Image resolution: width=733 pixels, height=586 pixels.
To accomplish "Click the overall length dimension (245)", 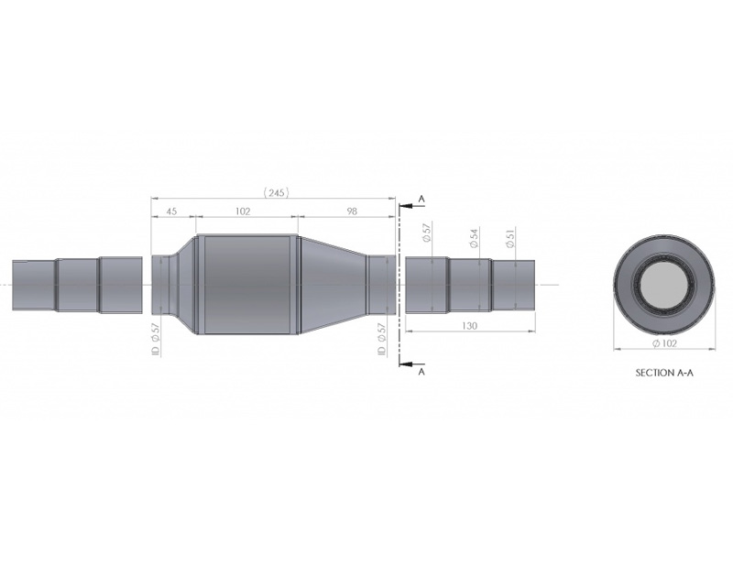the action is (x=277, y=192).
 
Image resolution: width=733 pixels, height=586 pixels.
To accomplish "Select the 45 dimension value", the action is (x=171, y=212).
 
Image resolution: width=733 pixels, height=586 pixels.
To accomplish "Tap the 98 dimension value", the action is (x=352, y=212).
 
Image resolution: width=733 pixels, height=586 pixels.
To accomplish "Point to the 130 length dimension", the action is (x=469, y=326).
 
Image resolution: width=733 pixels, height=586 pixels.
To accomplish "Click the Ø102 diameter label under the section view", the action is (x=664, y=343).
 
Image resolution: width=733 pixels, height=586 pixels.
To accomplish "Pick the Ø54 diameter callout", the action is (x=474, y=238).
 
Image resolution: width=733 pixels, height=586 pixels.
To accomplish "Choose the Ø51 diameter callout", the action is (x=510, y=237).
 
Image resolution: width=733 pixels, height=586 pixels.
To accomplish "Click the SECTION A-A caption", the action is (x=664, y=373).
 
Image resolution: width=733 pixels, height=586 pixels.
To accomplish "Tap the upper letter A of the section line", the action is (x=421, y=199).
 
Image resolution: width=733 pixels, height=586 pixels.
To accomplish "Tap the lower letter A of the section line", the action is (x=421, y=372).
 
